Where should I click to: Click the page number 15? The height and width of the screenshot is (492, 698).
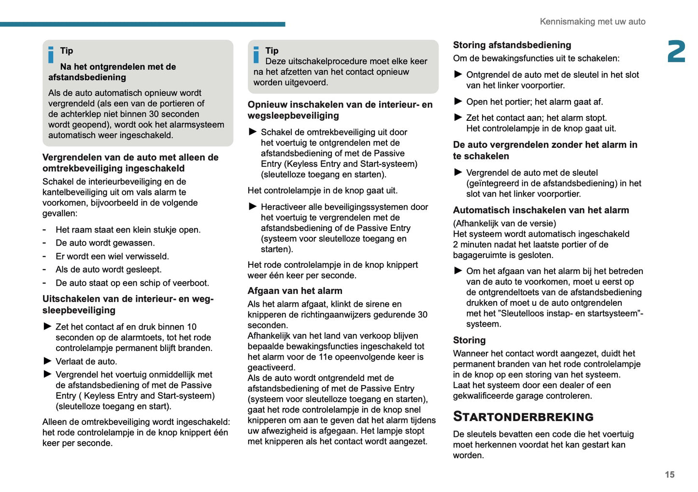pyautogui.click(x=669, y=475)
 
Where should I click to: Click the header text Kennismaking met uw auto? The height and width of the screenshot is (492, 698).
pyautogui.click(x=592, y=22)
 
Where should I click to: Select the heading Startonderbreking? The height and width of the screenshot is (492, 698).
pyautogui.click(x=523, y=417)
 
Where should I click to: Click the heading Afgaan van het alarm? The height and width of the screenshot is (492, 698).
pyautogui.click(x=295, y=291)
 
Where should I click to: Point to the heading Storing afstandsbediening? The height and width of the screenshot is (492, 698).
pyautogui.click(x=512, y=45)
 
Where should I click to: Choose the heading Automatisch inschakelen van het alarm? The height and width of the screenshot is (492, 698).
pyautogui.click(x=541, y=210)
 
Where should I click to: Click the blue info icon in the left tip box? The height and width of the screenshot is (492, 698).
pyautogui.click(x=51, y=55)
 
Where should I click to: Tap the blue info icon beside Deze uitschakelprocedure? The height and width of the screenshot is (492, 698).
pyautogui.click(x=256, y=55)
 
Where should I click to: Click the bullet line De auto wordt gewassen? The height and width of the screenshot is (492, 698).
pyautogui.click(x=105, y=243)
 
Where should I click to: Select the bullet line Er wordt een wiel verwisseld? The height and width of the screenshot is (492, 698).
pyautogui.click(x=112, y=256)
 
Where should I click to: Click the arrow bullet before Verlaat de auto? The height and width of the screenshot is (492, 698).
pyautogui.click(x=47, y=361)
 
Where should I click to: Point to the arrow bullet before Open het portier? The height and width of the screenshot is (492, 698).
pyautogui.click(x=458, y=101)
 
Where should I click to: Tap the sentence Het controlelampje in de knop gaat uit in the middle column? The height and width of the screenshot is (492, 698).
pyautogui.click(x=322, y=190)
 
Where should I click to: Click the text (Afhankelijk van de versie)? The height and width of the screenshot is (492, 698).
pyautogui.click(x=504, y=223)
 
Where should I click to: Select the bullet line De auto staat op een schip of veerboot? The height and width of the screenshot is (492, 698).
pyautogui.click(x=132, y=283)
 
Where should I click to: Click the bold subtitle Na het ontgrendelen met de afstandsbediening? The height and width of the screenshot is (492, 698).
pyautogui.click(x=112, y=72)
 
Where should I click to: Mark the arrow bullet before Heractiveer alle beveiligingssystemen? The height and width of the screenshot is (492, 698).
pyautogui.click(x=253, y=207)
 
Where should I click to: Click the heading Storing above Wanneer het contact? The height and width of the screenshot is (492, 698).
pyautogui.click(x=469, y=340)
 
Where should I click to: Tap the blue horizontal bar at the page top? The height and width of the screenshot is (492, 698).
pyautogui.click(x=142, y=24)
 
